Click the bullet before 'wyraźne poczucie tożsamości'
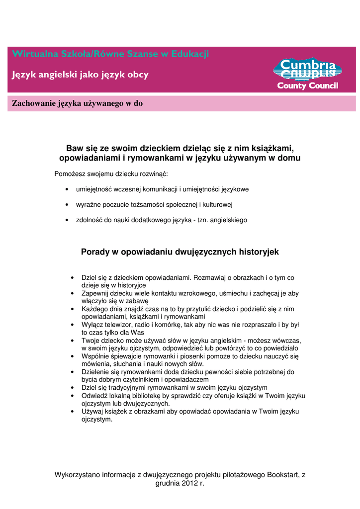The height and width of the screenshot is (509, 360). point(67,205)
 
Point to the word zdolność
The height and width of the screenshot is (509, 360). point(90,220)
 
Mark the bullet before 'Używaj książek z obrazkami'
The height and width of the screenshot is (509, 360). point(73,412)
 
